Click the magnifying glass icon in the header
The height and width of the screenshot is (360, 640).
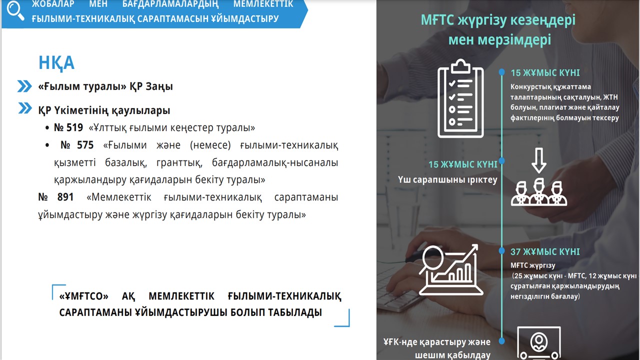click(15, 11)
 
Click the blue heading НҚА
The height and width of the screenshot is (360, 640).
click(56, 63)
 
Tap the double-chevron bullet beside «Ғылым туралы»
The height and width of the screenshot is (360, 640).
click(24, 86)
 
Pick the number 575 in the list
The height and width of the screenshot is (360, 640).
click(85, 145)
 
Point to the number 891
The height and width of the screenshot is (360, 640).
click(65, 197)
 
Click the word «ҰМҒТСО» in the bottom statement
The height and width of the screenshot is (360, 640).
click(83, 296)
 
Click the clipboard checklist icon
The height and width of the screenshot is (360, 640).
click(460, 99)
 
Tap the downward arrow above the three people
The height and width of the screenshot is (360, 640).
click(539, 160)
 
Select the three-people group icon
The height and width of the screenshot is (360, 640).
click(539, 192)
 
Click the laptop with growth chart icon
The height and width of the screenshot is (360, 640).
click(451, 269)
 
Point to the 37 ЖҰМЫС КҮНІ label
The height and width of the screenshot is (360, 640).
click(545, 251)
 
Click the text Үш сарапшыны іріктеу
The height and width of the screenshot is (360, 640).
click(447, 179)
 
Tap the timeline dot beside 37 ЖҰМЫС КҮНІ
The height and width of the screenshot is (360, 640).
click(501, 251)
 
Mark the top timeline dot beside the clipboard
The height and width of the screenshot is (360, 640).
click(501, 72)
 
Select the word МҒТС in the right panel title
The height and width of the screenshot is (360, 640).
click(437, 20)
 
